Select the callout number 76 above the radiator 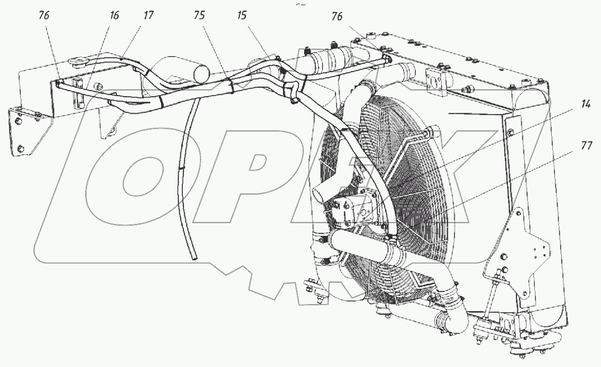point(337,17)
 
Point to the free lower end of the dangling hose point(195,257)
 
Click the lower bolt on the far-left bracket point(21,148)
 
